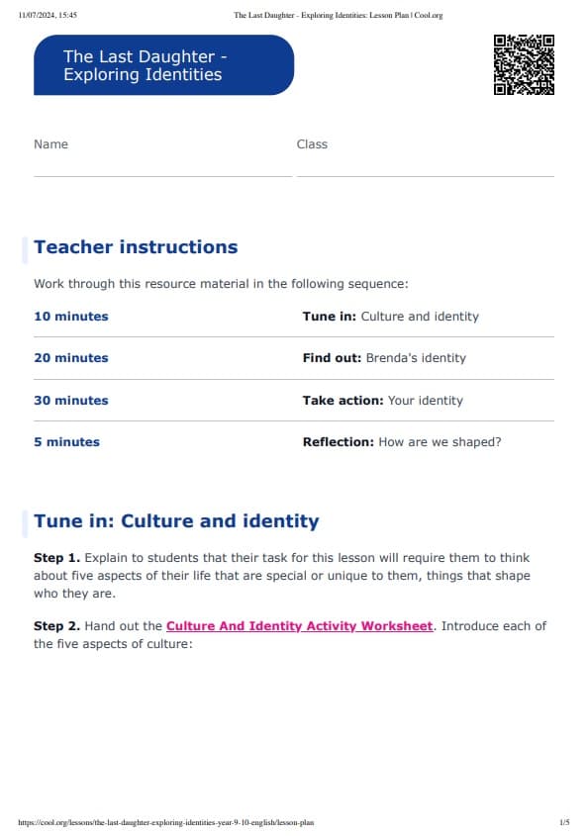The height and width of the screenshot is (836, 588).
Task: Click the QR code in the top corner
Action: [524, 65]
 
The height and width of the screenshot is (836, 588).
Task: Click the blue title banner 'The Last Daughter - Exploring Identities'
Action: [163, 65]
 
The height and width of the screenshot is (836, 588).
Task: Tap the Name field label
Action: [51, 144]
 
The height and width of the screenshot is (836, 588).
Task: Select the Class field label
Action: [312, 144]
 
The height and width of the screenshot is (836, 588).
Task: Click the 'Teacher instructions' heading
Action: [136, 247]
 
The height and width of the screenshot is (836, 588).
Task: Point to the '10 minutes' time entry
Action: [71, 317]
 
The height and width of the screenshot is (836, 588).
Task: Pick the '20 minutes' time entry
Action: [71, 358]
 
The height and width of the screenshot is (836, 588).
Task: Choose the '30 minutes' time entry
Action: [71, 401]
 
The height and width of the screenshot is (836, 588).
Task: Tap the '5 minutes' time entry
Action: [66, 442]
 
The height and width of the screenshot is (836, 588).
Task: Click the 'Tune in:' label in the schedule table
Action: [330, 317]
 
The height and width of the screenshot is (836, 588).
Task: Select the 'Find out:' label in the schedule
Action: [332, 358]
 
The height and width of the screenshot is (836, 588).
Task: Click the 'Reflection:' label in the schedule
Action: [339, 442]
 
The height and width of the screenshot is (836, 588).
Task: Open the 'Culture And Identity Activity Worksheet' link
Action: [299, 626]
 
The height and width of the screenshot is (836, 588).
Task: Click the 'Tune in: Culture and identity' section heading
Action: [176, 521]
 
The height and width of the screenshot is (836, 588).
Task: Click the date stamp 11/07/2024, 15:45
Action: [49, 15]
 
